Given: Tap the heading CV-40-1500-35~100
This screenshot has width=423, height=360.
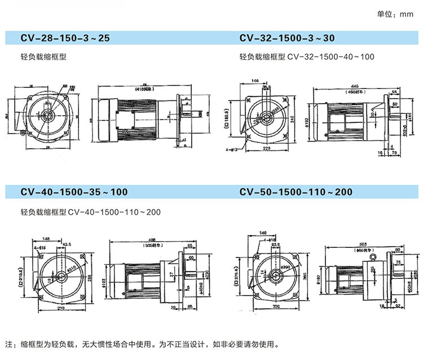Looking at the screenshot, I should [74, 192].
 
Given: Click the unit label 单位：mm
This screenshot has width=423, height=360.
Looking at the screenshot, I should [395, 15].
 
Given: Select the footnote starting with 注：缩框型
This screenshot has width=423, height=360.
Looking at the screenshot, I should [142, 344].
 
